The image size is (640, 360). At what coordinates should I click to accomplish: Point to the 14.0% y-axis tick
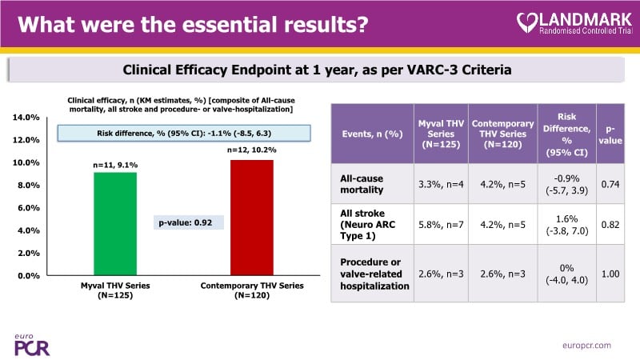tap(27, 118)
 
